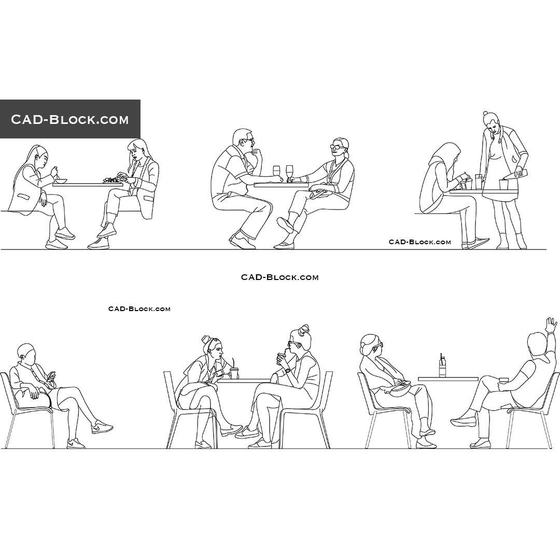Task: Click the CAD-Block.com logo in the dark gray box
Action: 70,119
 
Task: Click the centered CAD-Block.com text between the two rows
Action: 279,277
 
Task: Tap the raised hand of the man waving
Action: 551,325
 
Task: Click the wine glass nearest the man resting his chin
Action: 276,172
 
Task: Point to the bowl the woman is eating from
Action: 62,180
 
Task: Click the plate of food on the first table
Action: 112,180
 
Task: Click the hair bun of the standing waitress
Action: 485,114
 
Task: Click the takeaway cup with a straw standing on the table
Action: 234,372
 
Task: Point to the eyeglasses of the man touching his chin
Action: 249,139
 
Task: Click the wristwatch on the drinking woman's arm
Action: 287,370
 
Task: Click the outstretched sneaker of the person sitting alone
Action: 102,427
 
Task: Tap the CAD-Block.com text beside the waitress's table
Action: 420,242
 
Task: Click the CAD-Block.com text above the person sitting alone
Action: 139,309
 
